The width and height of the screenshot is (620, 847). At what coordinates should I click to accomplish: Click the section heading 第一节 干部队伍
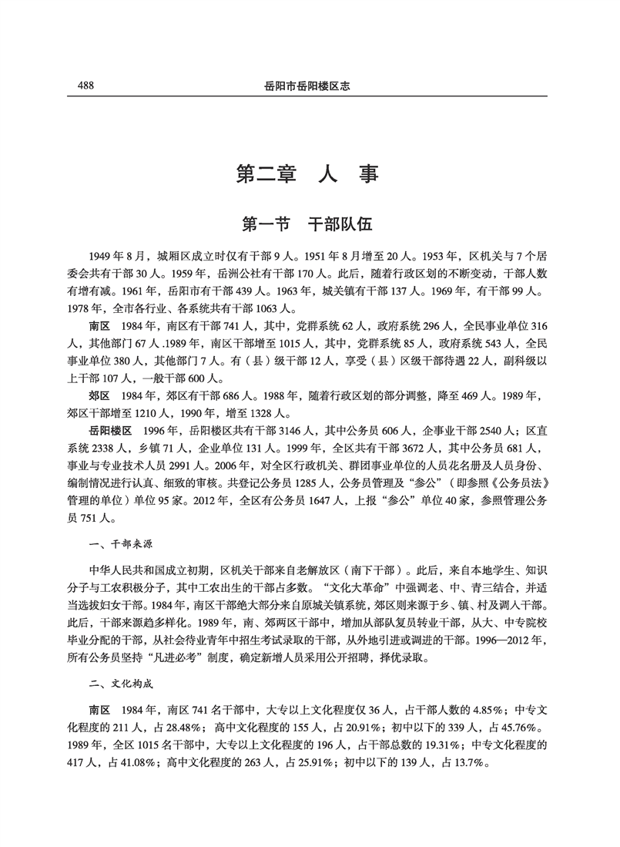click(309, 224)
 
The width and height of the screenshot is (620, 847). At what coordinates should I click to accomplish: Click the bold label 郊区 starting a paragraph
click(99, 395)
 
